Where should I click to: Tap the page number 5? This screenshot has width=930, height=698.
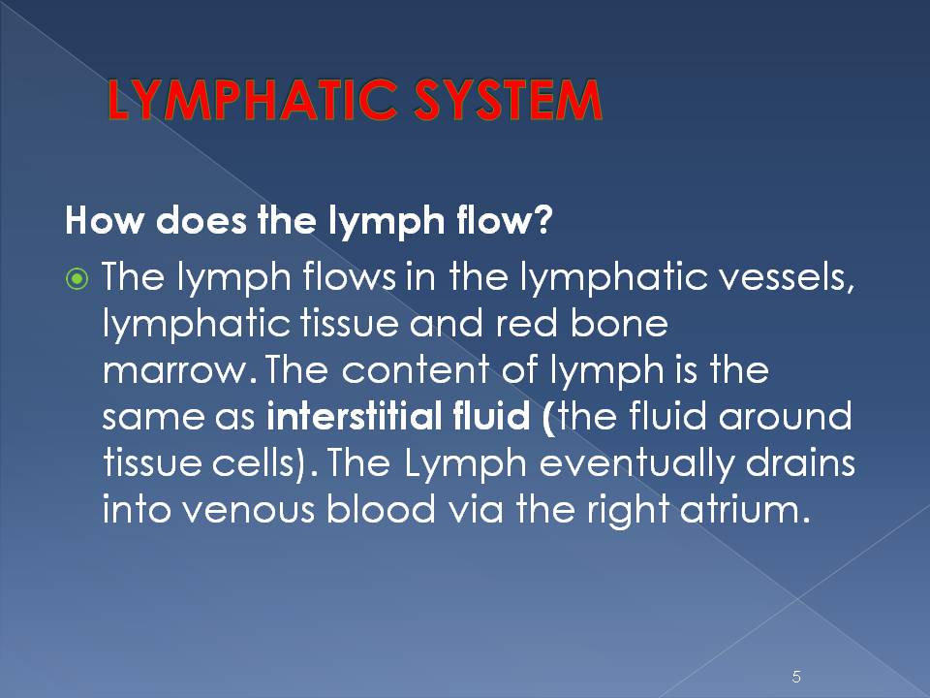pyautogui.click(x=796, y=677)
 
